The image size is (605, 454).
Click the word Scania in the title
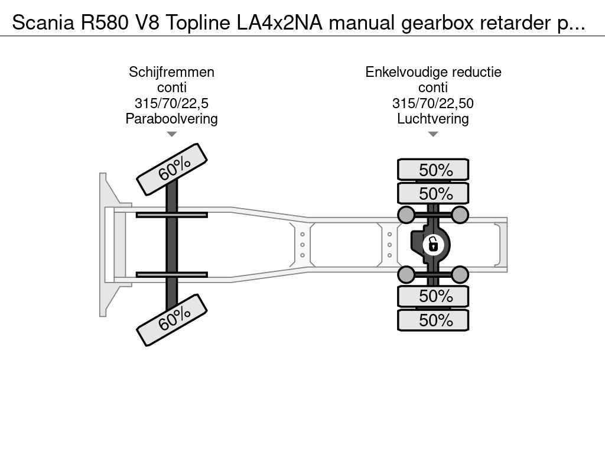[x=43, y=22]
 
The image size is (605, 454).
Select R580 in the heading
[x=105, y=22]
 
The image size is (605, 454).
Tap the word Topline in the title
[x=198, y=23]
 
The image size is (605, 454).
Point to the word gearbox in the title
[x=437, y=24]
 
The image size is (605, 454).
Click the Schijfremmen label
[x=172, y=72]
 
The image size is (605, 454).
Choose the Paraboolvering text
[x=172, y=119]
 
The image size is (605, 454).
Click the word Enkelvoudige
[x=406, y=72]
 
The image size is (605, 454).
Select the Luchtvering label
[x=433, y=119]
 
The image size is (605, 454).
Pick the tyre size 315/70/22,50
[x=433, y=103]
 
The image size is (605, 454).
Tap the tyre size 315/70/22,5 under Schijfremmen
[x=172, y=103]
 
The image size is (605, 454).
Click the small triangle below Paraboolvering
[x=172, y=134]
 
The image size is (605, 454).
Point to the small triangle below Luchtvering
[x=433, y=134]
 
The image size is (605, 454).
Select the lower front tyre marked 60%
[x=172, y=320]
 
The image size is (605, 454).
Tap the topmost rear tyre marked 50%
[x=433, y=170]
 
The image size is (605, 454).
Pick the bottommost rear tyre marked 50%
[x=433, y=320]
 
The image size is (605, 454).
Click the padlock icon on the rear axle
[x=433, y=245]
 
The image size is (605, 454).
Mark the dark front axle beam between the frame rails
[x=172, y=245]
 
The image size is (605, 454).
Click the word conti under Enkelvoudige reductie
[x=433, y=88]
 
